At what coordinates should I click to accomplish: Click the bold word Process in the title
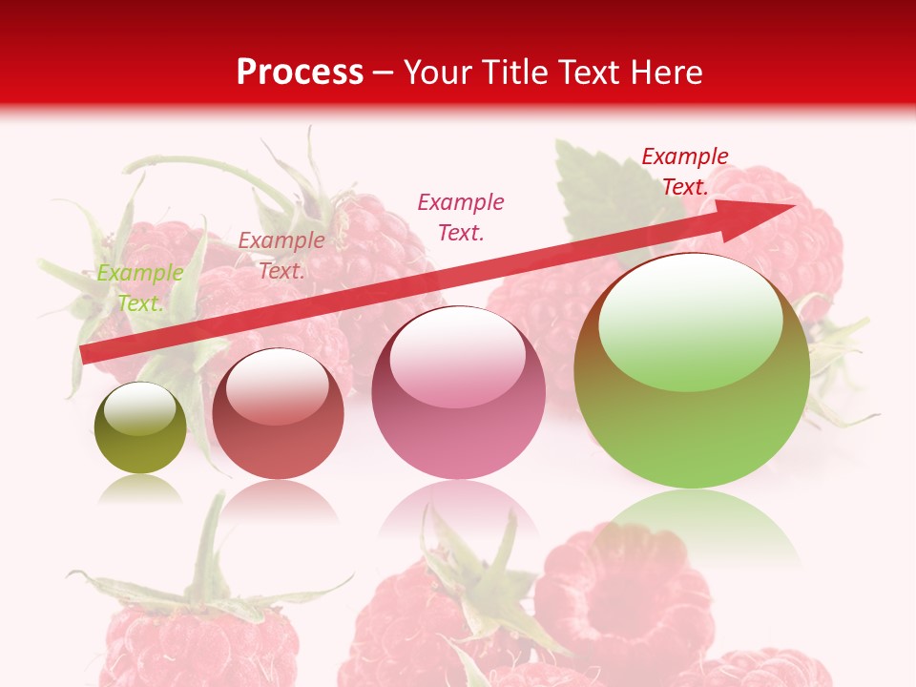coord(300,72)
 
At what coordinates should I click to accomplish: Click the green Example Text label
coord(140,287)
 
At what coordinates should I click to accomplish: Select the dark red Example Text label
coord(281,255)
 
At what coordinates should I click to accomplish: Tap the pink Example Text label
coord(461,217)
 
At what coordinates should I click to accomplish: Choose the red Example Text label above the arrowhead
coord(685,172)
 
